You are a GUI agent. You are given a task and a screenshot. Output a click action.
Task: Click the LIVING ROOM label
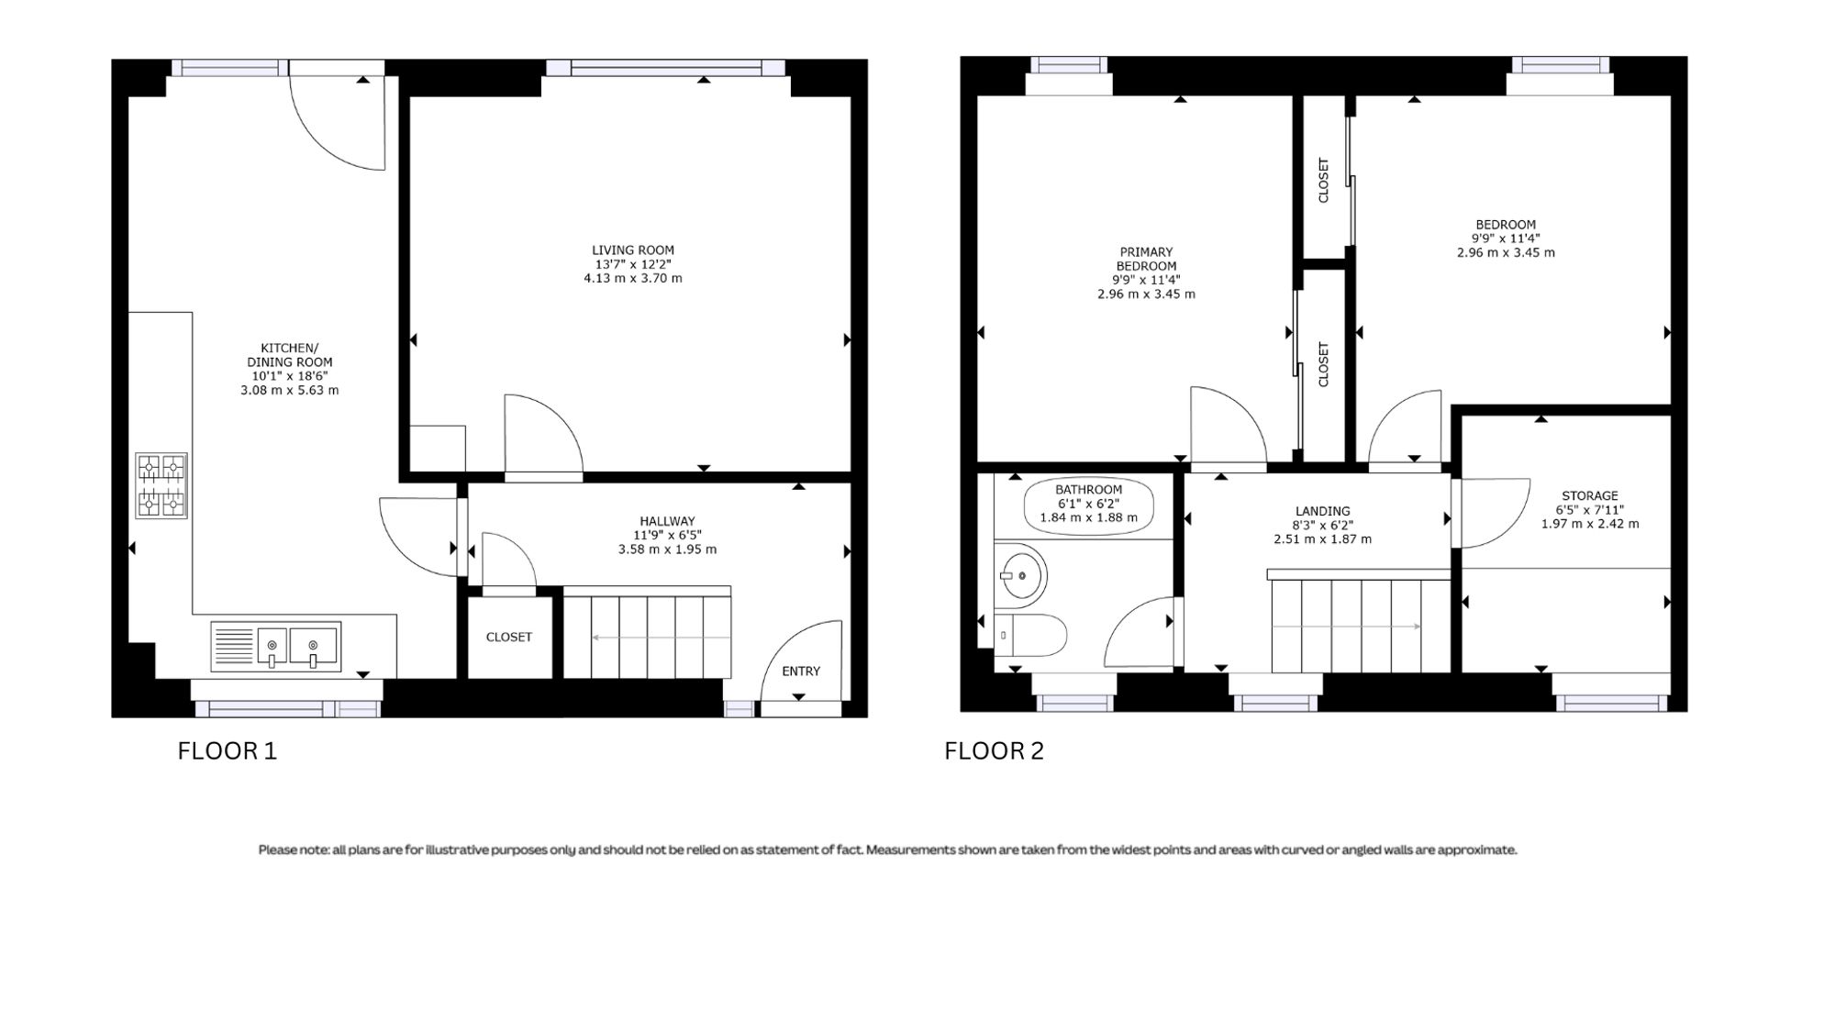[x=633, y=250]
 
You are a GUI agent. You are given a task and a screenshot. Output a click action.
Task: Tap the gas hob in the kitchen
[x=161, y=485]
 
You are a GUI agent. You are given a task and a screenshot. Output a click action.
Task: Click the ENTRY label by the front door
[x=801, y=671]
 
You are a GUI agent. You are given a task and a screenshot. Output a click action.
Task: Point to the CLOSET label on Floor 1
[x=509, y=637]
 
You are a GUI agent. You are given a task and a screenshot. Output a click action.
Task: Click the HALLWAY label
[x=668, y=521]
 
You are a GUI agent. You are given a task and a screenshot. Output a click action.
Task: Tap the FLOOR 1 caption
[x=227, y=751]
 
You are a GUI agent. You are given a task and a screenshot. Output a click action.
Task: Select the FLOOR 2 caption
[x=994, y=751]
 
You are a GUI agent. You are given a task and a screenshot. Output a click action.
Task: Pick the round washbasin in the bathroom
[x=1021, y=576]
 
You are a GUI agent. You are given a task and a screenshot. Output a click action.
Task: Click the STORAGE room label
[x=1590, y=495]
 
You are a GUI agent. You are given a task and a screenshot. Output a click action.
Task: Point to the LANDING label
[x=1323, y=511]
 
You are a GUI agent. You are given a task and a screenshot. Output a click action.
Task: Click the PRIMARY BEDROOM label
[x=1147, y=259]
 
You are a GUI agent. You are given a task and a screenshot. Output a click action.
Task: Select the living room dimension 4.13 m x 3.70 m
[x=633, y=278]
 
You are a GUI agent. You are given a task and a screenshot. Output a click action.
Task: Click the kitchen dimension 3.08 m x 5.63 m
[x=290, y=390]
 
